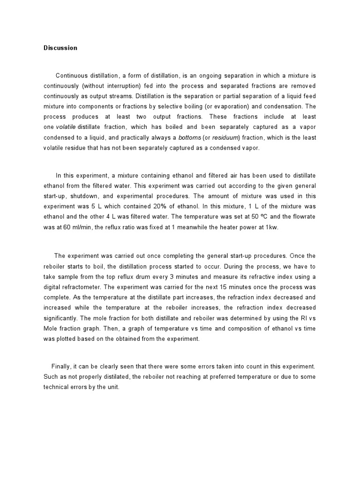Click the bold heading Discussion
60,48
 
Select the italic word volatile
66,127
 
